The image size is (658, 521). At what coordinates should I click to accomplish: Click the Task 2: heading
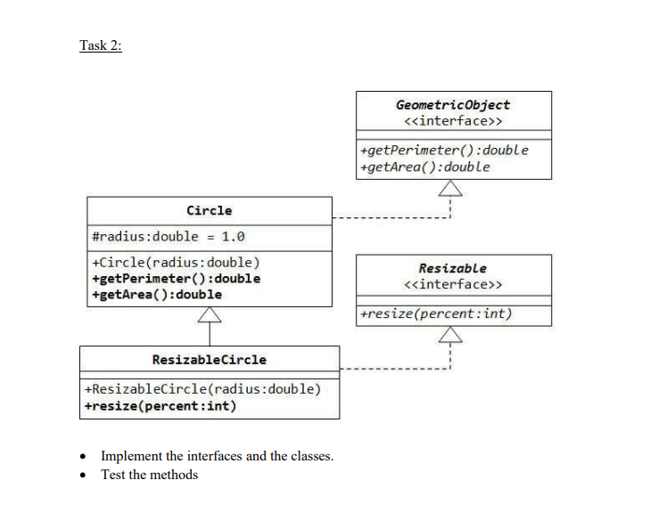100,46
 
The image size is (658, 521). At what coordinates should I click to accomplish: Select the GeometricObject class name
453,104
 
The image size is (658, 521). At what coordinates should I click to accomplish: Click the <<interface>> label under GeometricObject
453,119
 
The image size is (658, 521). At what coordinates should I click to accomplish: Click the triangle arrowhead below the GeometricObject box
451,188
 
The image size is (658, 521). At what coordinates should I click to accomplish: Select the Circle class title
209,210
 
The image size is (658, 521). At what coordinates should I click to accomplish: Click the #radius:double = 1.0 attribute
168,236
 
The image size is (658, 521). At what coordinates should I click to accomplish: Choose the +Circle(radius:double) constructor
176,263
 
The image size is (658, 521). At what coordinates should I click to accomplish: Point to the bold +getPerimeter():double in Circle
176,278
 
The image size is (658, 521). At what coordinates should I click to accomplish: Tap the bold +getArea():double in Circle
157,294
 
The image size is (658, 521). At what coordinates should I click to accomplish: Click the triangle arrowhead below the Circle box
210,315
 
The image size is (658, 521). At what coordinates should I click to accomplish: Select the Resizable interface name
453,268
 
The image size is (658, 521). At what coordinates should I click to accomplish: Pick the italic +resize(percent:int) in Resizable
435,313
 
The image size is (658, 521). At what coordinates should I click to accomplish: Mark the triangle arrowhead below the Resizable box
451,335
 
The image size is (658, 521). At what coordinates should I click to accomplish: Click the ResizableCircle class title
209,359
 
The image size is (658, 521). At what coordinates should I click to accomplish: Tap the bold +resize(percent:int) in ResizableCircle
160,406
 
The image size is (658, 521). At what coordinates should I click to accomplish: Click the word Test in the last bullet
113,475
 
